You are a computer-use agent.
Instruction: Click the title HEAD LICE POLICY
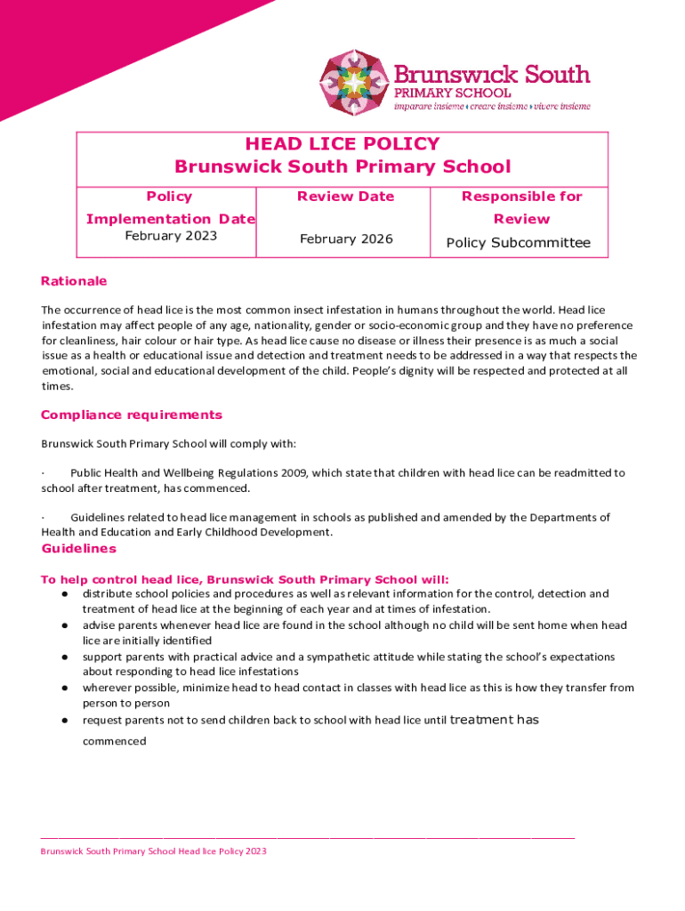342,144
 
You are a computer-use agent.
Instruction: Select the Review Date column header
345,197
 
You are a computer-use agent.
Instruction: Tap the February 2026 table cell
346,239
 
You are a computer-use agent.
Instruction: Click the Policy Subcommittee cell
518,243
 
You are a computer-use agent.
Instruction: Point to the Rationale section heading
74,281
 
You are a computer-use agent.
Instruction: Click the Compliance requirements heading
132,415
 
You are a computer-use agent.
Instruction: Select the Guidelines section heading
78,549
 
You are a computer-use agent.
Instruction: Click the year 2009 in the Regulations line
295,472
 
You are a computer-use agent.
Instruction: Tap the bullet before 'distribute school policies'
65,593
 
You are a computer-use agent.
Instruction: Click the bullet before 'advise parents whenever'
65,625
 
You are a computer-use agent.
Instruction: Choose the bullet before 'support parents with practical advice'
65,657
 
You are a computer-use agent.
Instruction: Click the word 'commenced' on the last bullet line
114,740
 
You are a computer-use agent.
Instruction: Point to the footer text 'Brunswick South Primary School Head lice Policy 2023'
153,851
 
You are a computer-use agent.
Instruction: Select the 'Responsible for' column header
521,197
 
